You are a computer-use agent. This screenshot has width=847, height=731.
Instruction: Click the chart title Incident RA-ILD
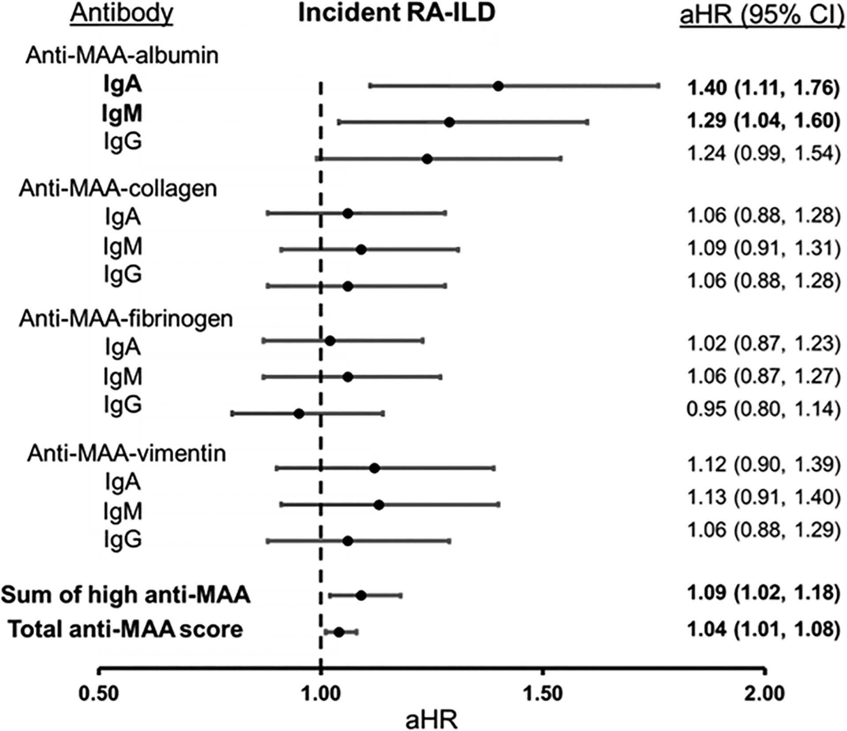tap(397, 13)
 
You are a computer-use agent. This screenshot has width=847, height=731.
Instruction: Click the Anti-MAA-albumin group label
tap(122, 56)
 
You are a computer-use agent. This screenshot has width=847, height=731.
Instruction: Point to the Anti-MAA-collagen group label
tap(118, 189)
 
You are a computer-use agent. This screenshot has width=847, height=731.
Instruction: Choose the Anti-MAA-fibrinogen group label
tap(126, 319)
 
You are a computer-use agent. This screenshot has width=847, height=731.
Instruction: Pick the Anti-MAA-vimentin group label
tap(127, 453)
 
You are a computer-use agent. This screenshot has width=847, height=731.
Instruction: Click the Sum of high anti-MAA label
tap(126, 595)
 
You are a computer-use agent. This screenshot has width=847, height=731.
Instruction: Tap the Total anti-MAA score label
tap(126, 629)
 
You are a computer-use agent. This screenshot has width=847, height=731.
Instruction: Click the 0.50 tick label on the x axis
tap(99, 694)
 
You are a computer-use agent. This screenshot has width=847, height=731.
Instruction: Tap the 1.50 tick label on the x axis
tap(543, 694)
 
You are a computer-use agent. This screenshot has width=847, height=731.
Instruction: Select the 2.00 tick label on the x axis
tap(765, 694)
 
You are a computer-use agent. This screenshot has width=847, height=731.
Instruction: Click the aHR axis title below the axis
tap(431, 720)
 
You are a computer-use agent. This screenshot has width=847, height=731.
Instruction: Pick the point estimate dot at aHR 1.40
tap(498, 86)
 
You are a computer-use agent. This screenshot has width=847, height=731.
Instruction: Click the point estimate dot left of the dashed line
tap(299, 414)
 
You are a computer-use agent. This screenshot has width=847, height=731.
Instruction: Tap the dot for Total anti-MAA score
tap(339, 632)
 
